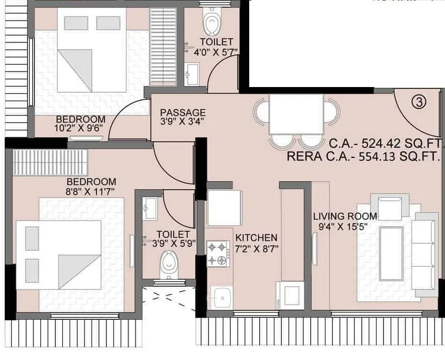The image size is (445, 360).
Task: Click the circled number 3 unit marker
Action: point(419,101)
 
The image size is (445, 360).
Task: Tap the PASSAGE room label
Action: point(183,113)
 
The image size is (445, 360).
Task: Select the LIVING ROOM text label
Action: point(345,216)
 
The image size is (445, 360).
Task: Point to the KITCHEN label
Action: point(257,237)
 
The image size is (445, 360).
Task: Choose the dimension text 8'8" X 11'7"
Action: point(91,191)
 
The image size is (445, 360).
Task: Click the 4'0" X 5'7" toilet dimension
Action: point(215,53)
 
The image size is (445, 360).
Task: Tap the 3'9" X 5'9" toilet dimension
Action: point(173,244)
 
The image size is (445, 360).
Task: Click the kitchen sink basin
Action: point(220,298)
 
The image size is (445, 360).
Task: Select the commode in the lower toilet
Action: point(167,266)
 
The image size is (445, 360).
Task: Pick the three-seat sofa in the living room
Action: point(425,255)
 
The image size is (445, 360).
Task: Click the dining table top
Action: point(297,114)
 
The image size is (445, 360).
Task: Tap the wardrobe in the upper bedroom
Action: point(163,45)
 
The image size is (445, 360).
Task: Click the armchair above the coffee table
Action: point(390,207)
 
